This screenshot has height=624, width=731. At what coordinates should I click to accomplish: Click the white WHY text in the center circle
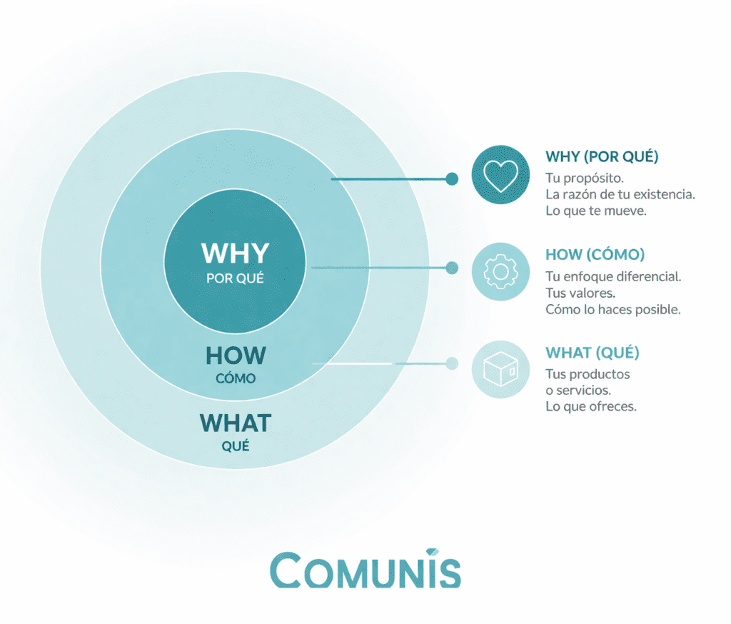coord(235,254)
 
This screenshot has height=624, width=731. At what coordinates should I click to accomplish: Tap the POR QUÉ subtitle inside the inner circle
coord(235,278)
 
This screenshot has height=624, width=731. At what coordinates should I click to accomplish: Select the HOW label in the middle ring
coord(236,356)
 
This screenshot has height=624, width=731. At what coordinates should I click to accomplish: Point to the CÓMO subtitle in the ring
coord(236,378)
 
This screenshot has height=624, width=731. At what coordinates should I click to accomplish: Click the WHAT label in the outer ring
coord(236,423)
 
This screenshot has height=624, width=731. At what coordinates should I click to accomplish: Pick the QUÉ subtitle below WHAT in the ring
coord(236,448)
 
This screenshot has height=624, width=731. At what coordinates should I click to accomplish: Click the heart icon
coord(500,176)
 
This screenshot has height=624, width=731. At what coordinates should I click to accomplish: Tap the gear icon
coord(500,271)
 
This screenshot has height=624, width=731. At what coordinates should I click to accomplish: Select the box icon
coord(500,368)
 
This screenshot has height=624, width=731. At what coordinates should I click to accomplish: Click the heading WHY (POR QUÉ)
coord(601,156)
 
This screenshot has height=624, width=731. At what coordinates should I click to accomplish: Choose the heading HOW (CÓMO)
coord(595,255)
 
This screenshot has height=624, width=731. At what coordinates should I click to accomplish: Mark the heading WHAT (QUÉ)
coord(592,353)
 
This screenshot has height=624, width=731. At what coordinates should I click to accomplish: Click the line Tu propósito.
coord(585,177)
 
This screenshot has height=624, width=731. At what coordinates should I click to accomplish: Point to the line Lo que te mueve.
coord(595,211)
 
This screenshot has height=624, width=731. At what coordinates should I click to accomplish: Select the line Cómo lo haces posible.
coord(612,310)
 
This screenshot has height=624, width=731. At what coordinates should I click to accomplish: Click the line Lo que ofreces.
coord(590,407)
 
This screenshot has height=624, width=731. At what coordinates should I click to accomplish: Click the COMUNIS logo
coord(365,570)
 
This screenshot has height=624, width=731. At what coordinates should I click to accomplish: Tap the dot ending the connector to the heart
coord(451,179)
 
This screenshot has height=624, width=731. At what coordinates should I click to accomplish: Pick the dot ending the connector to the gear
coord(451,268)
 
